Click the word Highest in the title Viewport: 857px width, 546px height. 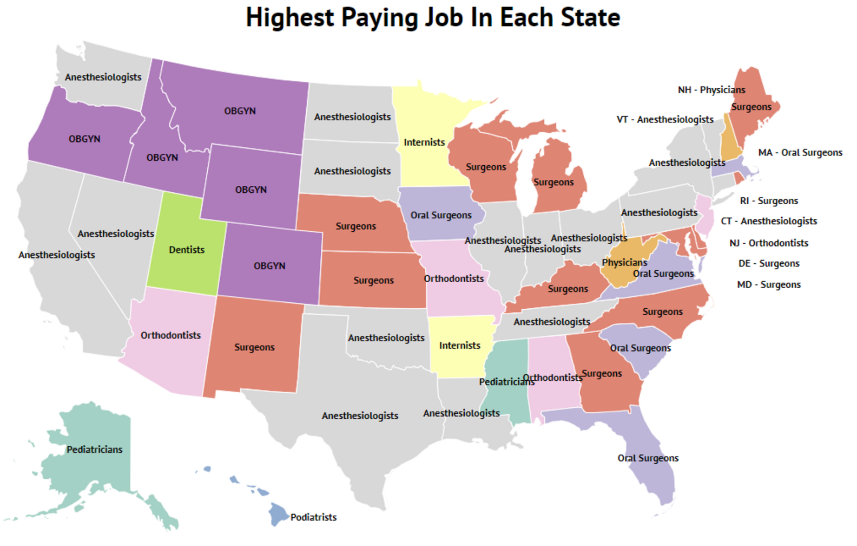coord(290,17)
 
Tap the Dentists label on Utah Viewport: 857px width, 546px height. coord(187,250)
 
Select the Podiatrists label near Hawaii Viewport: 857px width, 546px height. coord(313,517)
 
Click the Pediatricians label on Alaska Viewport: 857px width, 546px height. coord(95,450)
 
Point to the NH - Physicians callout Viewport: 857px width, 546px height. coord(711,90)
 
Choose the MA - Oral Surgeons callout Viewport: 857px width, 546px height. coord(800,153)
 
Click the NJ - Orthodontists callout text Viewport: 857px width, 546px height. coord(769,243)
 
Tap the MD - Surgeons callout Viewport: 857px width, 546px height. coord(769,285)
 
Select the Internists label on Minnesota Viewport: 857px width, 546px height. coord(424,142)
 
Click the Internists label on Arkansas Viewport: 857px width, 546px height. coord(459,346)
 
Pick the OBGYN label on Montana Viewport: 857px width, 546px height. coord(240,111)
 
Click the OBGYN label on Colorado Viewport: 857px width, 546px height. coord(269,266)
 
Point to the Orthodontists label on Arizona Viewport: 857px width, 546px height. coord(170,335)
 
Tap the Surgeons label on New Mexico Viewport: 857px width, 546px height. coord(254,347)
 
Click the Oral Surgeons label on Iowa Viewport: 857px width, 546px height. coord(441,215)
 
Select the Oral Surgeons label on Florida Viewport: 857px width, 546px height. coord(648,458)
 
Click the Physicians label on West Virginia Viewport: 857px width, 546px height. coord(624,263)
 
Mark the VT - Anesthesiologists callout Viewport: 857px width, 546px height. coord(665,120)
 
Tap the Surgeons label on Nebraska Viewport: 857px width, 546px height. coord(355,226)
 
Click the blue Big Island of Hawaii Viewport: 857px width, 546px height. coord(278,513)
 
